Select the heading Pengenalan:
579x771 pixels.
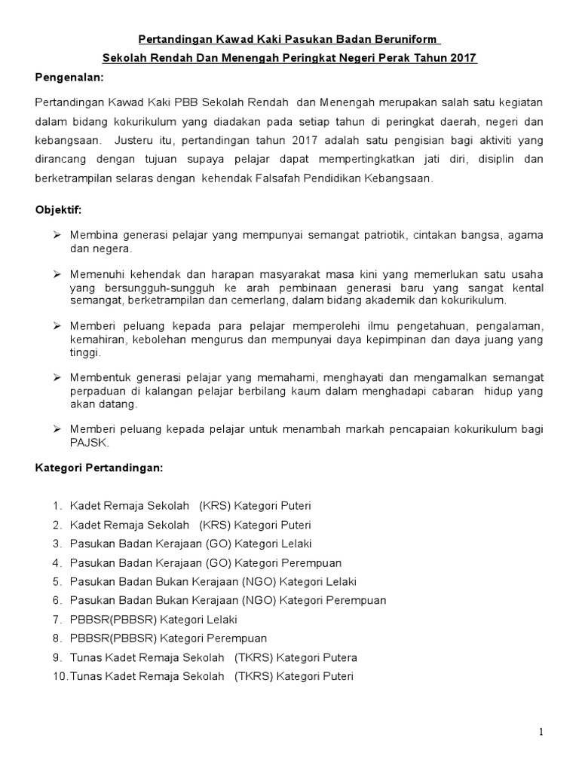click(69, 78)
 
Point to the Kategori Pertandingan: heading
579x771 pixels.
click(99, 468)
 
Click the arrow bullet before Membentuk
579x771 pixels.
click(57, 377)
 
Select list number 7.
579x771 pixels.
click(57, 620)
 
